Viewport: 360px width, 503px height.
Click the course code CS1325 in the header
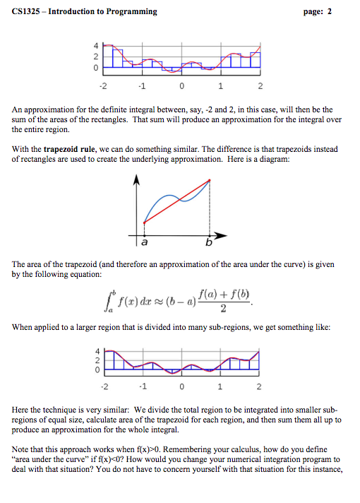(x=28, y=12)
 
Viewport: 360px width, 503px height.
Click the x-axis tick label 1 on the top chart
(x=221, y=87)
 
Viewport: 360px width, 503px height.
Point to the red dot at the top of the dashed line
(x=209, y=181)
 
